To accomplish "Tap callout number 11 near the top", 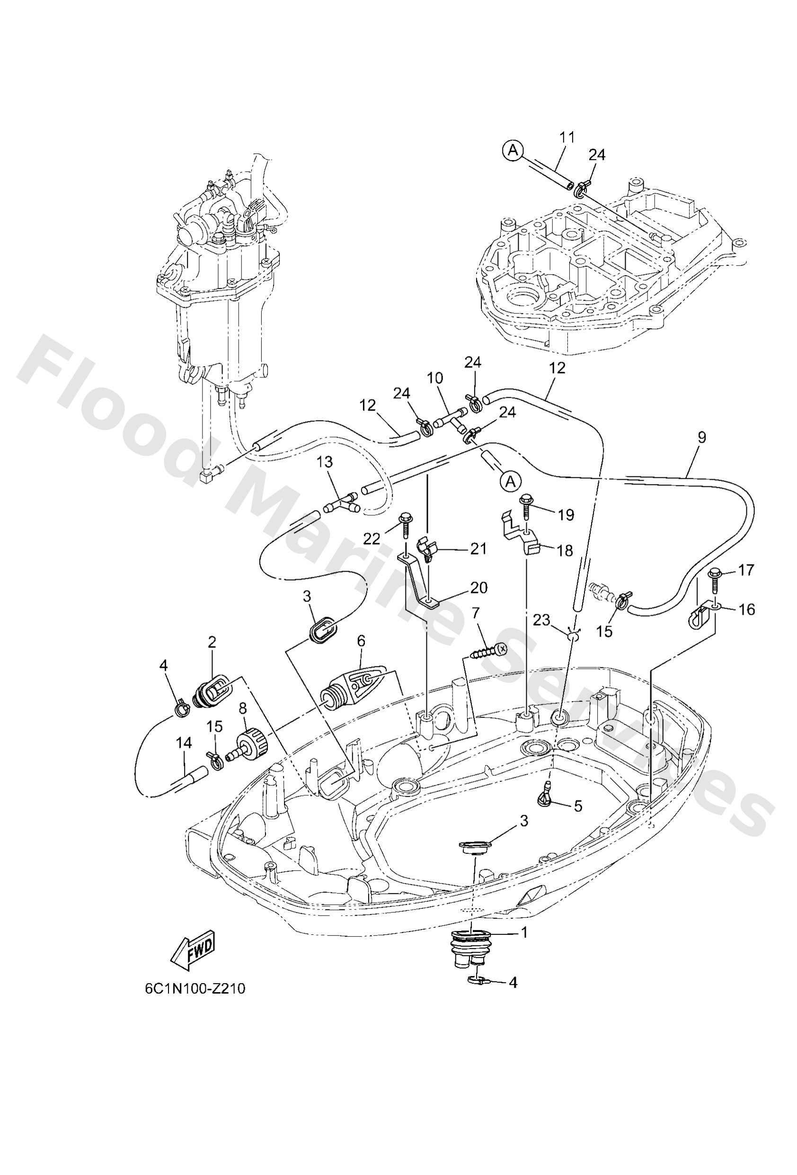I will pos(567,137).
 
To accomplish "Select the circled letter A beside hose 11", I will pos(514,150).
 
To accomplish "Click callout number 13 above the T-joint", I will pos(326,461).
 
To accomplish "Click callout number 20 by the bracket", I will pos(478,587).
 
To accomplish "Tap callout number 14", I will pos(184,743).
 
